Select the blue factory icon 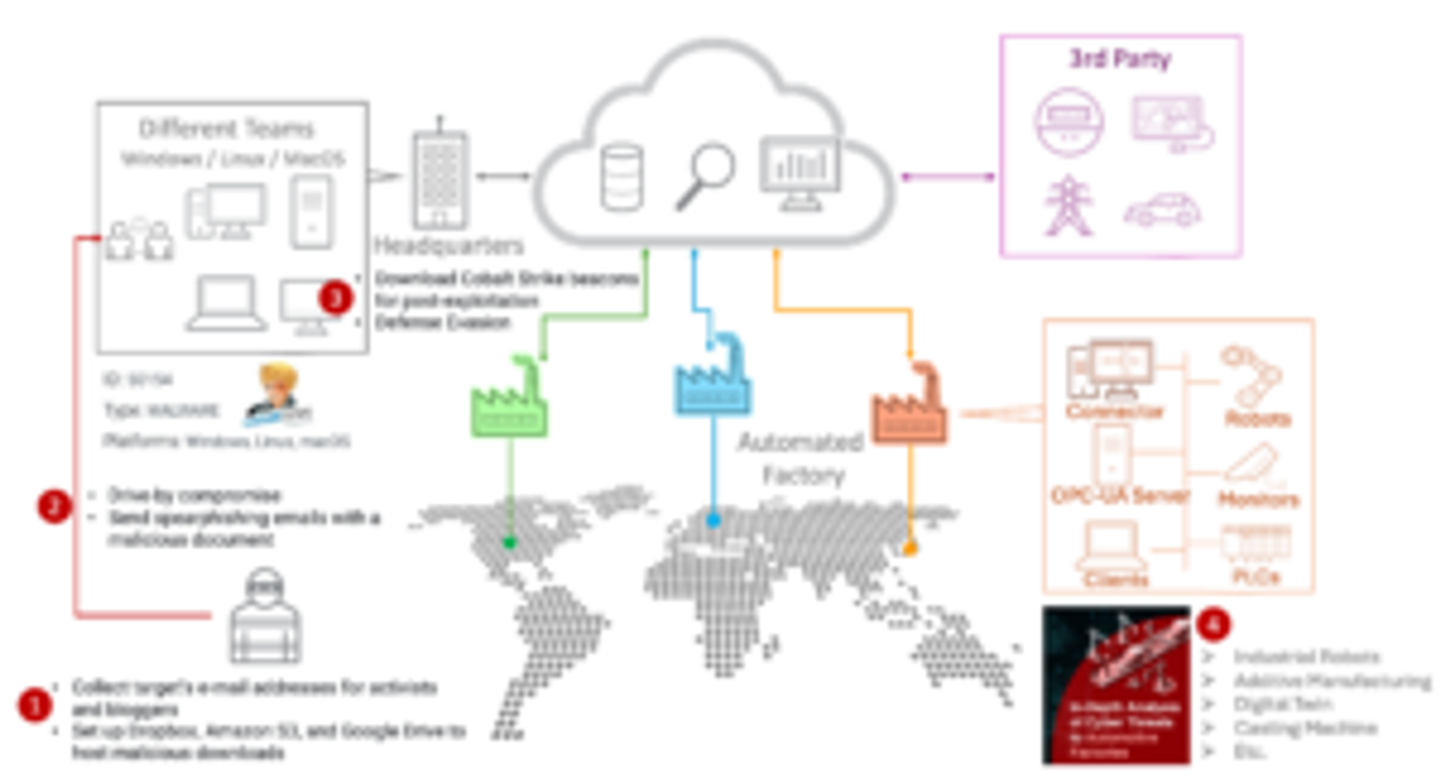712,379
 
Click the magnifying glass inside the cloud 705,176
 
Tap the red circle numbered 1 34,705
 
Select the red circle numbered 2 54,506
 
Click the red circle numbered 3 335,298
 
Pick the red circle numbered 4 1213,624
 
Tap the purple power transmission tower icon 1068,206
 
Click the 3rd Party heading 1120,59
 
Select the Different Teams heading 226,129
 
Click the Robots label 1258,419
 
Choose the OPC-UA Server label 1120,495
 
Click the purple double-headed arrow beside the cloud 948,177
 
